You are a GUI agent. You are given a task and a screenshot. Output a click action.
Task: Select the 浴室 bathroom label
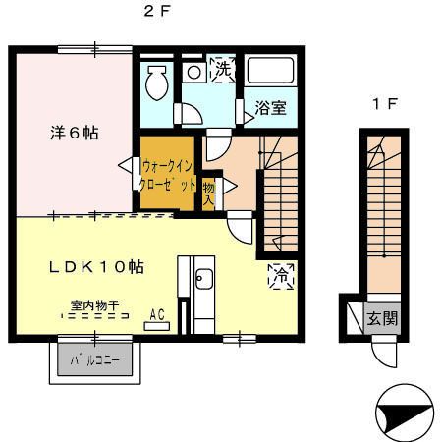(271, 108)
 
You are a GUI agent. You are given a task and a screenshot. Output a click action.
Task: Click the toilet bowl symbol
(156, 85)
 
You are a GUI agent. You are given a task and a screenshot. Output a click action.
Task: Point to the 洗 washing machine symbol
(223, 71)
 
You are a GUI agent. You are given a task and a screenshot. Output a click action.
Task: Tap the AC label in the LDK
(155, 315)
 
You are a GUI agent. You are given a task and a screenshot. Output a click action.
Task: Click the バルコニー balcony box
(95, 360)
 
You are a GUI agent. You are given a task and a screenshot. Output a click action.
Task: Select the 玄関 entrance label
(383, 319)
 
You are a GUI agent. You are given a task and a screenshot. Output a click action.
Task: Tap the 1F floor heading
(383, 104)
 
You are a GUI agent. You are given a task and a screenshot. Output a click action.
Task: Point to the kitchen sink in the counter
(204, 279)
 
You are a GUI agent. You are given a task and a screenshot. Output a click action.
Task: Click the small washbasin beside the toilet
(193, 72)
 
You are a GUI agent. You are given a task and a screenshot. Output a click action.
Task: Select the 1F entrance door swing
(384, 349)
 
